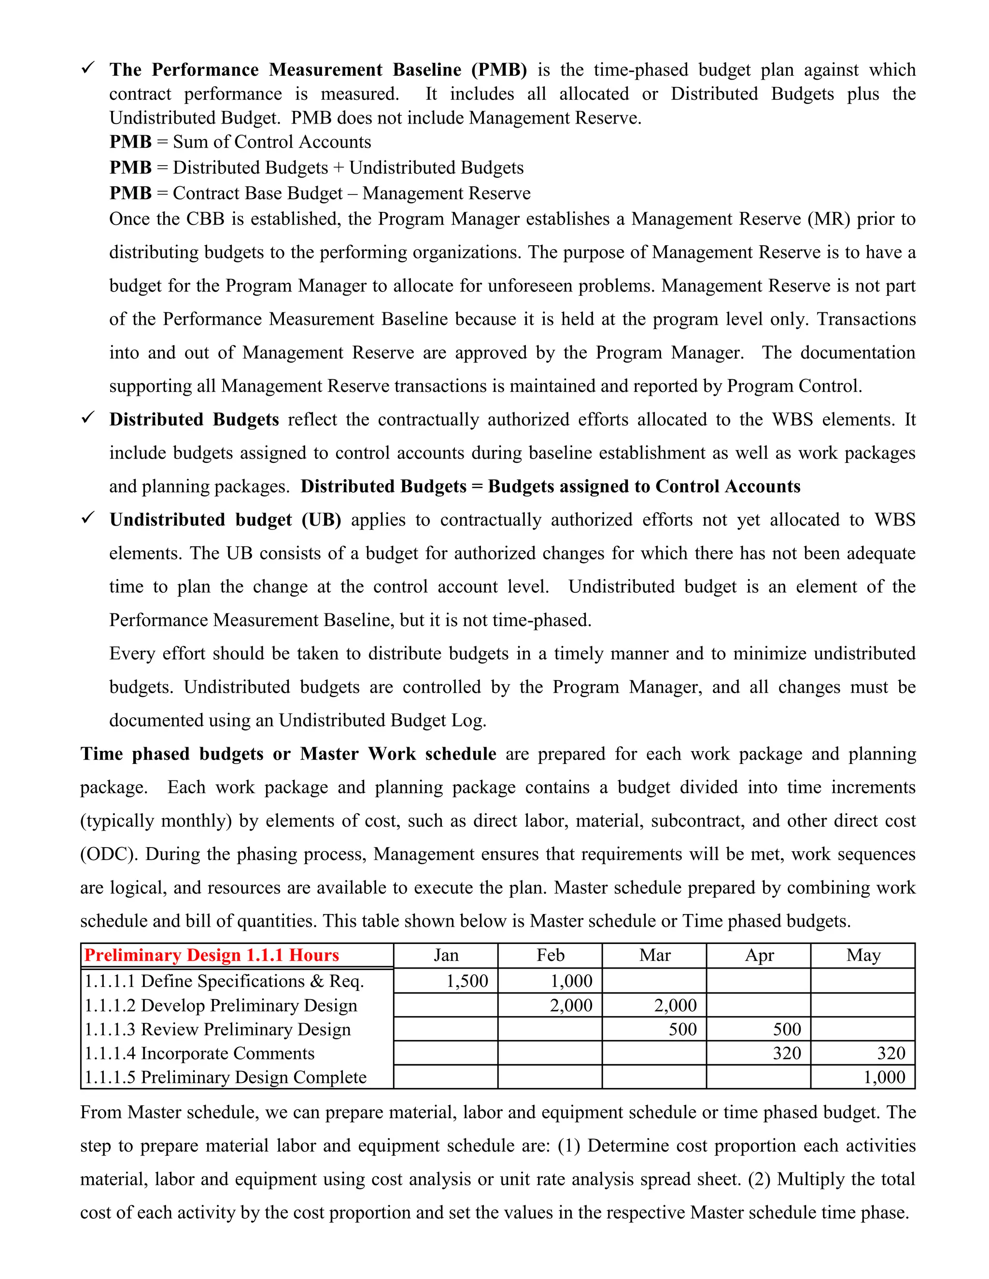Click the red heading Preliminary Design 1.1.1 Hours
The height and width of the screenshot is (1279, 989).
[x=212, y=955]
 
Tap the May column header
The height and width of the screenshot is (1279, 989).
[x=863, y=955]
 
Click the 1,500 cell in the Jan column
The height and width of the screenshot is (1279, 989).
[x=467, y=981]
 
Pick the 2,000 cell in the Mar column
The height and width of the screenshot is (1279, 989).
[x=675, y=1005]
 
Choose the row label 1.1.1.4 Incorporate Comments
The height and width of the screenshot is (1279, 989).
[x=199, y=1053]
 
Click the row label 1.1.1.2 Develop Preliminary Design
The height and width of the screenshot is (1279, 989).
[x=220, y=1005]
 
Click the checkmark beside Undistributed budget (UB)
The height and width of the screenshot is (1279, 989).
[x=88, y=518]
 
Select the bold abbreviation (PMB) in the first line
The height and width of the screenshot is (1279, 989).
[x=498, y=70]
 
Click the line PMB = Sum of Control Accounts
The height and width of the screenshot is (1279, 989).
[x=240, y=142]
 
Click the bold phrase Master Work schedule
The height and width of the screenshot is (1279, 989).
[x=398, y=754]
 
